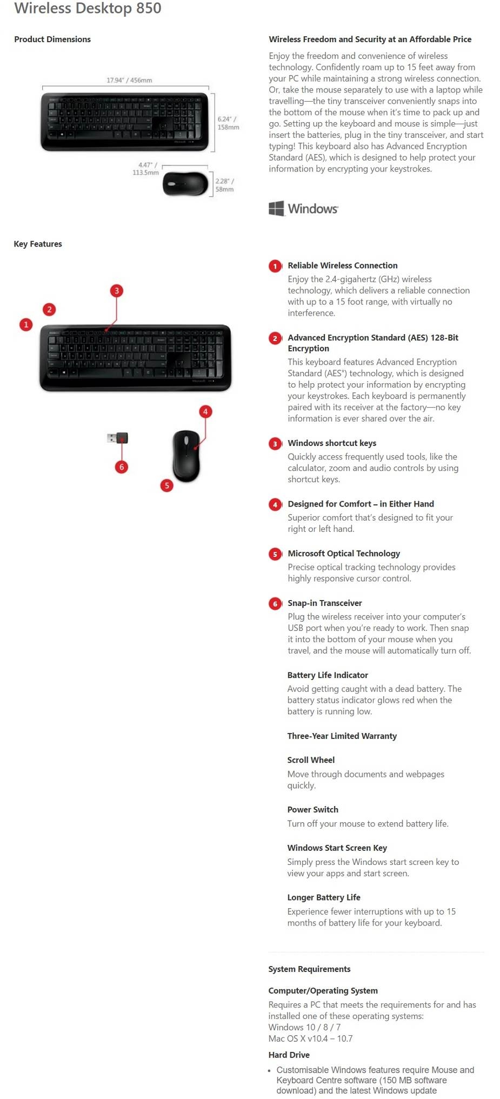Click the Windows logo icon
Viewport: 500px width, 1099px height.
point(276,208)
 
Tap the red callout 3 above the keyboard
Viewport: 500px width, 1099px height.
point(116,291)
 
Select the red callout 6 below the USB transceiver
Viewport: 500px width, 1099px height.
point(121,467)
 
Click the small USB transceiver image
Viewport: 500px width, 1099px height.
point(118,438)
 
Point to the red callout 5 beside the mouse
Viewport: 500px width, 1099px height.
point(166,485)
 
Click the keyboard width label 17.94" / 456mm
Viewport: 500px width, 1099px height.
point(129,80)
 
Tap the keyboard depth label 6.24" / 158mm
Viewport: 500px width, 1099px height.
point(228,123)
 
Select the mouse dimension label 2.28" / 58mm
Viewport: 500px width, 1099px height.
point(225,185)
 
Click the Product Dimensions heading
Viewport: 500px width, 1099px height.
point(52,39)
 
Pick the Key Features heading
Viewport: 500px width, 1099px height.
point(38,244)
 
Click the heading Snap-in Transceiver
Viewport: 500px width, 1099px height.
point(324,603)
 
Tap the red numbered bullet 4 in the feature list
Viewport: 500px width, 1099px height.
point(275,504)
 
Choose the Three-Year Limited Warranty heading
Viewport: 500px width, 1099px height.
point(342,736)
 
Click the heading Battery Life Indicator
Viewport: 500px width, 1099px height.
point(328,675)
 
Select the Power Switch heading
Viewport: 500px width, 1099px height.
point(312,809)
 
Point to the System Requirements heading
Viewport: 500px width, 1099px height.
point(309,969)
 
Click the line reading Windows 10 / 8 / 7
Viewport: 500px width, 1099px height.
point(304,1027)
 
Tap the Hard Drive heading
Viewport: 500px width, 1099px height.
point(289,1055)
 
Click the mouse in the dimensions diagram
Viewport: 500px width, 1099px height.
point(185,184)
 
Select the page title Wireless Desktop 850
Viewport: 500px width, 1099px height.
point(88,8)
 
